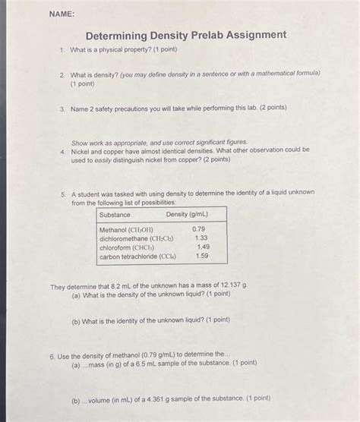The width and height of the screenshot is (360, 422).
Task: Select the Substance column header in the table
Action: [114, 214]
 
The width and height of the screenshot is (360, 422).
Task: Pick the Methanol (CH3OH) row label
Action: [126, 228]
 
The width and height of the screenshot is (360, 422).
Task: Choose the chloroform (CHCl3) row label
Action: [125, 247]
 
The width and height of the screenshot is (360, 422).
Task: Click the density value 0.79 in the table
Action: [198, 228]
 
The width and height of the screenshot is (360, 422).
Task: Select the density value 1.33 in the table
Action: [201, 238]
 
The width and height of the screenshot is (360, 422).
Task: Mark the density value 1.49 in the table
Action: [203, 247]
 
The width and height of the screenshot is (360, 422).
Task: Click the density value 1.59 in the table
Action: [202, 257]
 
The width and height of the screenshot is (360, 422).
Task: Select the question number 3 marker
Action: [61, 109]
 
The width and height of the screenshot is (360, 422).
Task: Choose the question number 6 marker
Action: [50, 354]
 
